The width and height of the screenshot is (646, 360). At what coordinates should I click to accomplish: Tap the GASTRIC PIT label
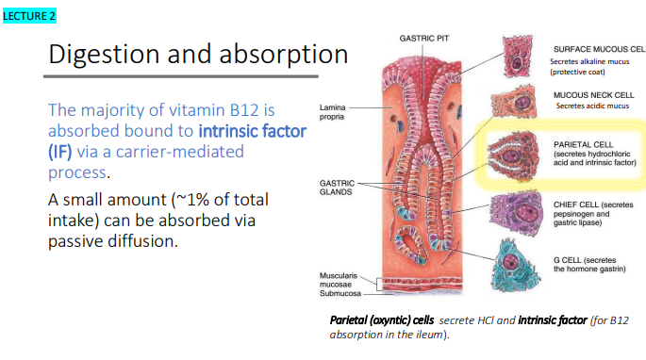423,39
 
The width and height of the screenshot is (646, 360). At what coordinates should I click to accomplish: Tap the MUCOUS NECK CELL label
593,94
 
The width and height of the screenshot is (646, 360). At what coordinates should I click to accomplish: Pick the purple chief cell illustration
516,205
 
